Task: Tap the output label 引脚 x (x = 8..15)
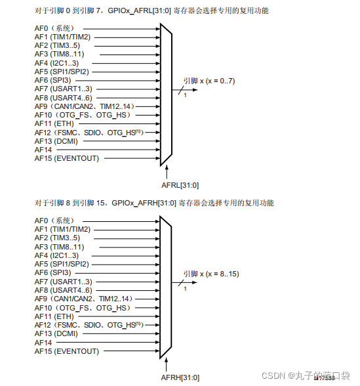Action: [211, 273]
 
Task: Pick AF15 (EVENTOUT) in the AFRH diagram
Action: [66, 351]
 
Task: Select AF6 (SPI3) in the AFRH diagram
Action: [52, 272]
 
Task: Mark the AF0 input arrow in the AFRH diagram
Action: [131, 221]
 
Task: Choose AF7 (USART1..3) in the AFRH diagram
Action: [64, 280]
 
